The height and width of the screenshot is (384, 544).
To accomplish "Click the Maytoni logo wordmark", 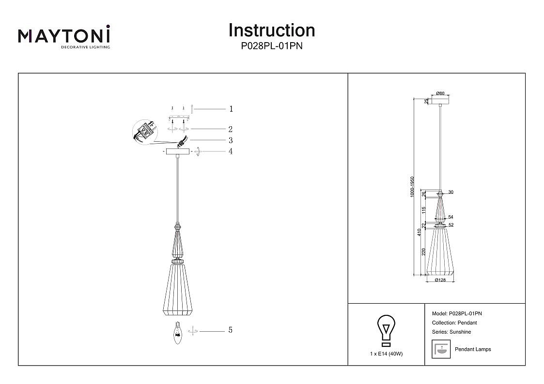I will click(64, 36).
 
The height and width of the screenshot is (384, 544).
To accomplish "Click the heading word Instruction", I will click(271, 30).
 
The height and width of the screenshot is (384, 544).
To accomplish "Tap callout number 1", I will click(231, 109).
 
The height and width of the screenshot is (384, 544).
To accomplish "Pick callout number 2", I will click(231, 129).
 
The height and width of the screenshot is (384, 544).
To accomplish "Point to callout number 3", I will click(231, 140).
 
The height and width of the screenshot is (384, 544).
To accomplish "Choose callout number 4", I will click(231, 151).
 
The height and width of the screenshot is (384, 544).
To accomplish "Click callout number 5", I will click(231, 330).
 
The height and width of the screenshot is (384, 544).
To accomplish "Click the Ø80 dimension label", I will click(440, 93).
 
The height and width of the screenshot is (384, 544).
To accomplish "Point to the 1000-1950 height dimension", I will click(412, 186).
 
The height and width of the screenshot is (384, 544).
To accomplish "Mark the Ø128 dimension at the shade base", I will click(440, 280).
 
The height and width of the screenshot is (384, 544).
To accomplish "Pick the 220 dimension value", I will click(424, 252).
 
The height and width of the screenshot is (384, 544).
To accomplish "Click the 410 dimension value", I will click(419, 233).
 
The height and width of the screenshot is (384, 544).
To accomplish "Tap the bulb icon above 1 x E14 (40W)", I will click(386, 330).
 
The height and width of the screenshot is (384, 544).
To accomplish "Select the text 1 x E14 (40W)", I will click(386, 354).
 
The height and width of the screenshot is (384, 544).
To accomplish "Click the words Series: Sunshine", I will click(451, 332).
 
